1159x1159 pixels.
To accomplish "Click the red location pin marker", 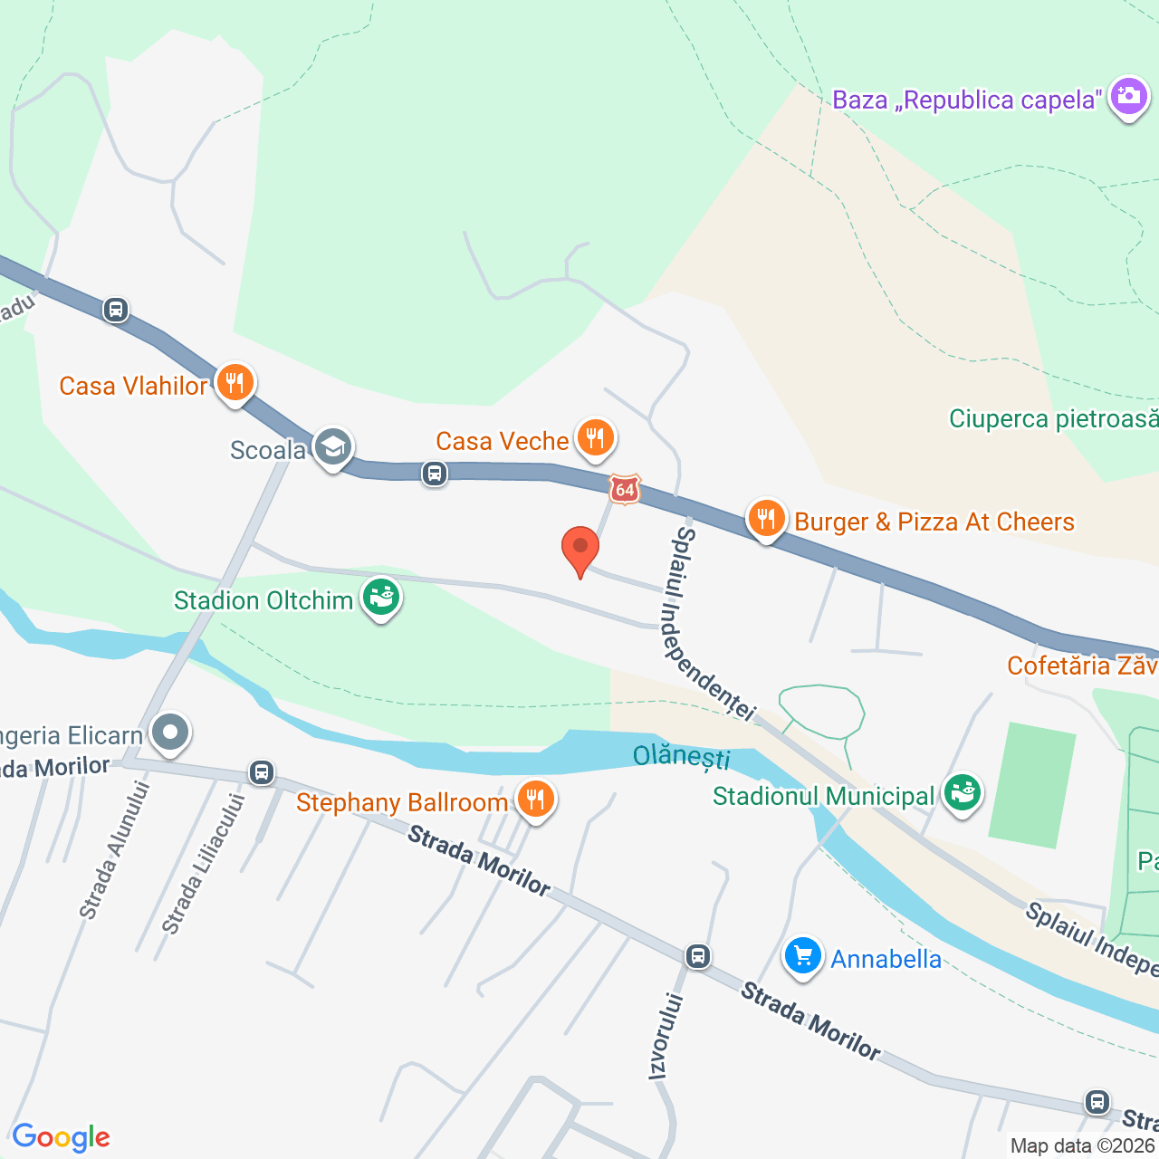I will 580,549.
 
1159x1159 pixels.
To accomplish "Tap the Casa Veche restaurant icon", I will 594,439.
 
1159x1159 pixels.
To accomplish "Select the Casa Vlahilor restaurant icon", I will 235,384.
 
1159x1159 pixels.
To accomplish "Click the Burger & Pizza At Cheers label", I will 934,522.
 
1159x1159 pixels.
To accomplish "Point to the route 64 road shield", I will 625,489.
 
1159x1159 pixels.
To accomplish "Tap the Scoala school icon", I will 333,447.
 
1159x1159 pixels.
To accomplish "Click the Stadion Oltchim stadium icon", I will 381,599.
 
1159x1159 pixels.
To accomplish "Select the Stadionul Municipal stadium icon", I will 962,794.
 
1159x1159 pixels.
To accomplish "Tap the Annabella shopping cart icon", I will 802,957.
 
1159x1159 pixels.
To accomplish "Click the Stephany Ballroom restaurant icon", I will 536,800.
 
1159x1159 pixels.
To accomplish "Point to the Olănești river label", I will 681,756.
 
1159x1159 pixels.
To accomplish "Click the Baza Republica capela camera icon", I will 1128,97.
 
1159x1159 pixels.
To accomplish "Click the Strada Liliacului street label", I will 203,865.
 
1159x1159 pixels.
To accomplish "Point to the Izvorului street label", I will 666,1036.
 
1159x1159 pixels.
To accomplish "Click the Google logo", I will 62,1137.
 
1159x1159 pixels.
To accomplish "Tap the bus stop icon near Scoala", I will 435,473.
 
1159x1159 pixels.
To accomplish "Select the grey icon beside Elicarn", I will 169,733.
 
